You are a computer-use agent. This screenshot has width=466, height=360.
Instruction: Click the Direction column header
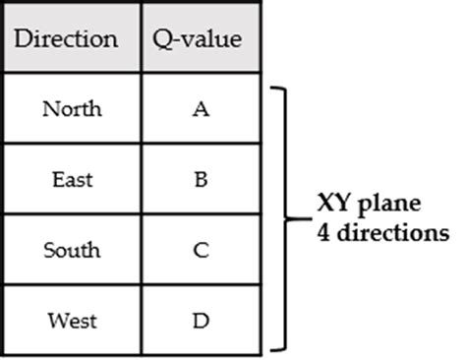(x=68, y=39)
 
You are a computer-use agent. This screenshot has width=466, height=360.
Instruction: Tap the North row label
(x=71, y=108)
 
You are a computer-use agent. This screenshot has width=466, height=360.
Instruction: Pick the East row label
(x=71, y=179)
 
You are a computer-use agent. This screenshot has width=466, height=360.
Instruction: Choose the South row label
(x=71, y=250)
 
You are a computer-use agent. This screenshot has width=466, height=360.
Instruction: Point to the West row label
(x=71, y=320)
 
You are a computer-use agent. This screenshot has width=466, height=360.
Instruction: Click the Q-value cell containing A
(x=201, y=108)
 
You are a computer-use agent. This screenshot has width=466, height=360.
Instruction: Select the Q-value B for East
(x=201, y=179)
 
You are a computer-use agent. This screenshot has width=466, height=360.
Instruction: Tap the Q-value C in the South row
(x=201, y=250)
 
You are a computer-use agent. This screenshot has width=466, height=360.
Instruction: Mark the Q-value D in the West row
(x=201, y=320)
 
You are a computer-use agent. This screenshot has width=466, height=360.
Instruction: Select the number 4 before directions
(x=322, y=234)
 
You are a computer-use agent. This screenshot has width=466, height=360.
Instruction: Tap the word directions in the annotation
(x=392, y=234)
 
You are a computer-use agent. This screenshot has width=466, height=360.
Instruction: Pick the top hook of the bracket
(x=276, y=89)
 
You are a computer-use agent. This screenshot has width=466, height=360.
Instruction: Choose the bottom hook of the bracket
(x=276, y=348)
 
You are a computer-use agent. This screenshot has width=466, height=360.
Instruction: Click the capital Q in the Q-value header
(x=160, y=40)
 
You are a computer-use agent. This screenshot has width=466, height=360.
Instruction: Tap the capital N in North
(x=49, y=108)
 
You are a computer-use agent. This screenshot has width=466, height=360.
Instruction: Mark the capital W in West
(x=53, y=320)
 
